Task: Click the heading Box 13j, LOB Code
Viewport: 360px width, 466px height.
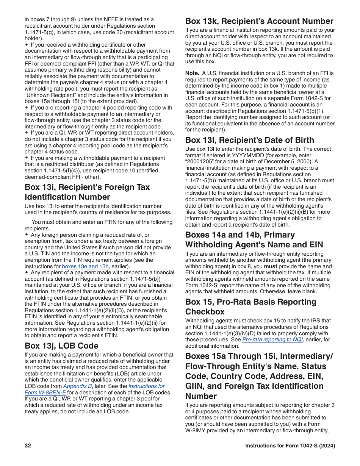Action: click(x=61, y=346)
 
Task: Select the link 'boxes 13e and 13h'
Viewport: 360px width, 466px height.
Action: click(x=85, y=266)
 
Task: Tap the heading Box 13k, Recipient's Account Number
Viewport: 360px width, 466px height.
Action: click(x=259, y=21)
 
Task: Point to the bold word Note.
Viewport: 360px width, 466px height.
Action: click(x=192, y=73)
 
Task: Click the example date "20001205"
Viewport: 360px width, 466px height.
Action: click(x=200, y=162)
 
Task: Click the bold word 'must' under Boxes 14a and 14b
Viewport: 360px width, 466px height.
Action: click(x=271, y=266)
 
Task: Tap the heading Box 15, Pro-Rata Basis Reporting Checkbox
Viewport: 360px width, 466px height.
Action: click(x=250, y=306)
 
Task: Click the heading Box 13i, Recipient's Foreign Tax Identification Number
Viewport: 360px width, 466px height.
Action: click(x=87, y=192)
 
